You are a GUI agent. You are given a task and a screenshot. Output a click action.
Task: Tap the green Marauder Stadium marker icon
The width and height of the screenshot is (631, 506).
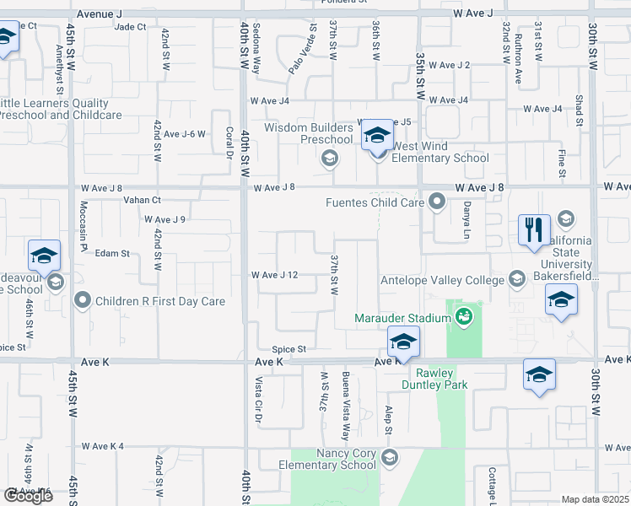tap(462, 317)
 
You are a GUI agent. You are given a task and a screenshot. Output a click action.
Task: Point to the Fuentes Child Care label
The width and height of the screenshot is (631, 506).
tap(375, 202)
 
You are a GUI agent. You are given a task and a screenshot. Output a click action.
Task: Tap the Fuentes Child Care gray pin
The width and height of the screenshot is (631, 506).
tap(437, 201)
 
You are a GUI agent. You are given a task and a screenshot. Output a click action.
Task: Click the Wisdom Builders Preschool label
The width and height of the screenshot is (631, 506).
tap(308, 133)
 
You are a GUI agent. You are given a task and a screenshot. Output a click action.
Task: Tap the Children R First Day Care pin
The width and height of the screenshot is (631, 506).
tap(83, 299)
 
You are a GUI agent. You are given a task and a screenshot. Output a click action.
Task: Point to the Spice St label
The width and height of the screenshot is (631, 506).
tap(289, 349)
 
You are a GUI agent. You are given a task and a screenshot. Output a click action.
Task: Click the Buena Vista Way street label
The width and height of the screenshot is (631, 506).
tap(345, 405)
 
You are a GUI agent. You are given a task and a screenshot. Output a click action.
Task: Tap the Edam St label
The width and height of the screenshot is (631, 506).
tap(111, 253)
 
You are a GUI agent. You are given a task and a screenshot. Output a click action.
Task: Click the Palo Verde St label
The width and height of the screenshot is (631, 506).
tap(300, 48)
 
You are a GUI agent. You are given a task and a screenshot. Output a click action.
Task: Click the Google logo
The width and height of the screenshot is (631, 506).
tap(28, 496)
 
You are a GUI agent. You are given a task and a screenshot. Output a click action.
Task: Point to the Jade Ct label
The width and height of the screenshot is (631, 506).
tap(130, 26)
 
